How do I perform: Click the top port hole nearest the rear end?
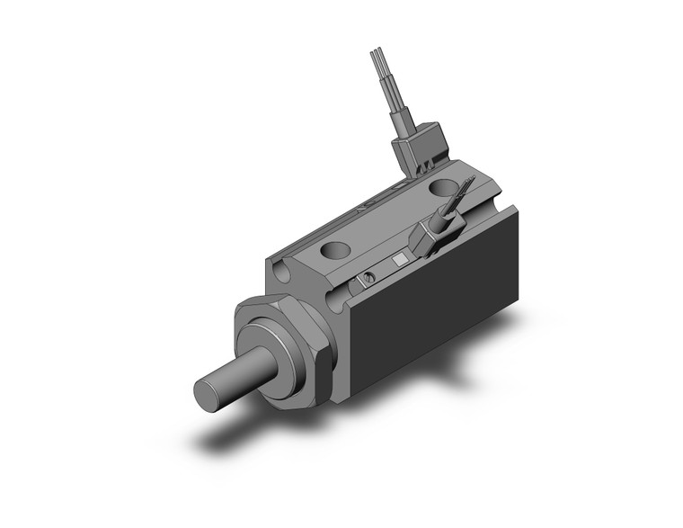point(442,188)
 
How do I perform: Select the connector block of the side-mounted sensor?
point(430,237)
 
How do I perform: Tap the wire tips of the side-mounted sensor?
point(466,187)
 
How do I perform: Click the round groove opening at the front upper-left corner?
point(284,266)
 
